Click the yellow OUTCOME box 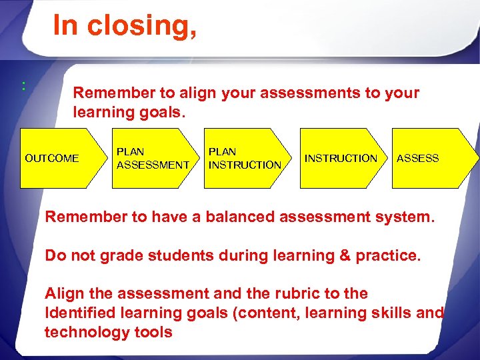pyautogui.click(x=52, y=159)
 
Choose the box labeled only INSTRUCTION pyautogui.click(x=341, y=159)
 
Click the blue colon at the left pyautogui.click(x=23, y=85)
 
